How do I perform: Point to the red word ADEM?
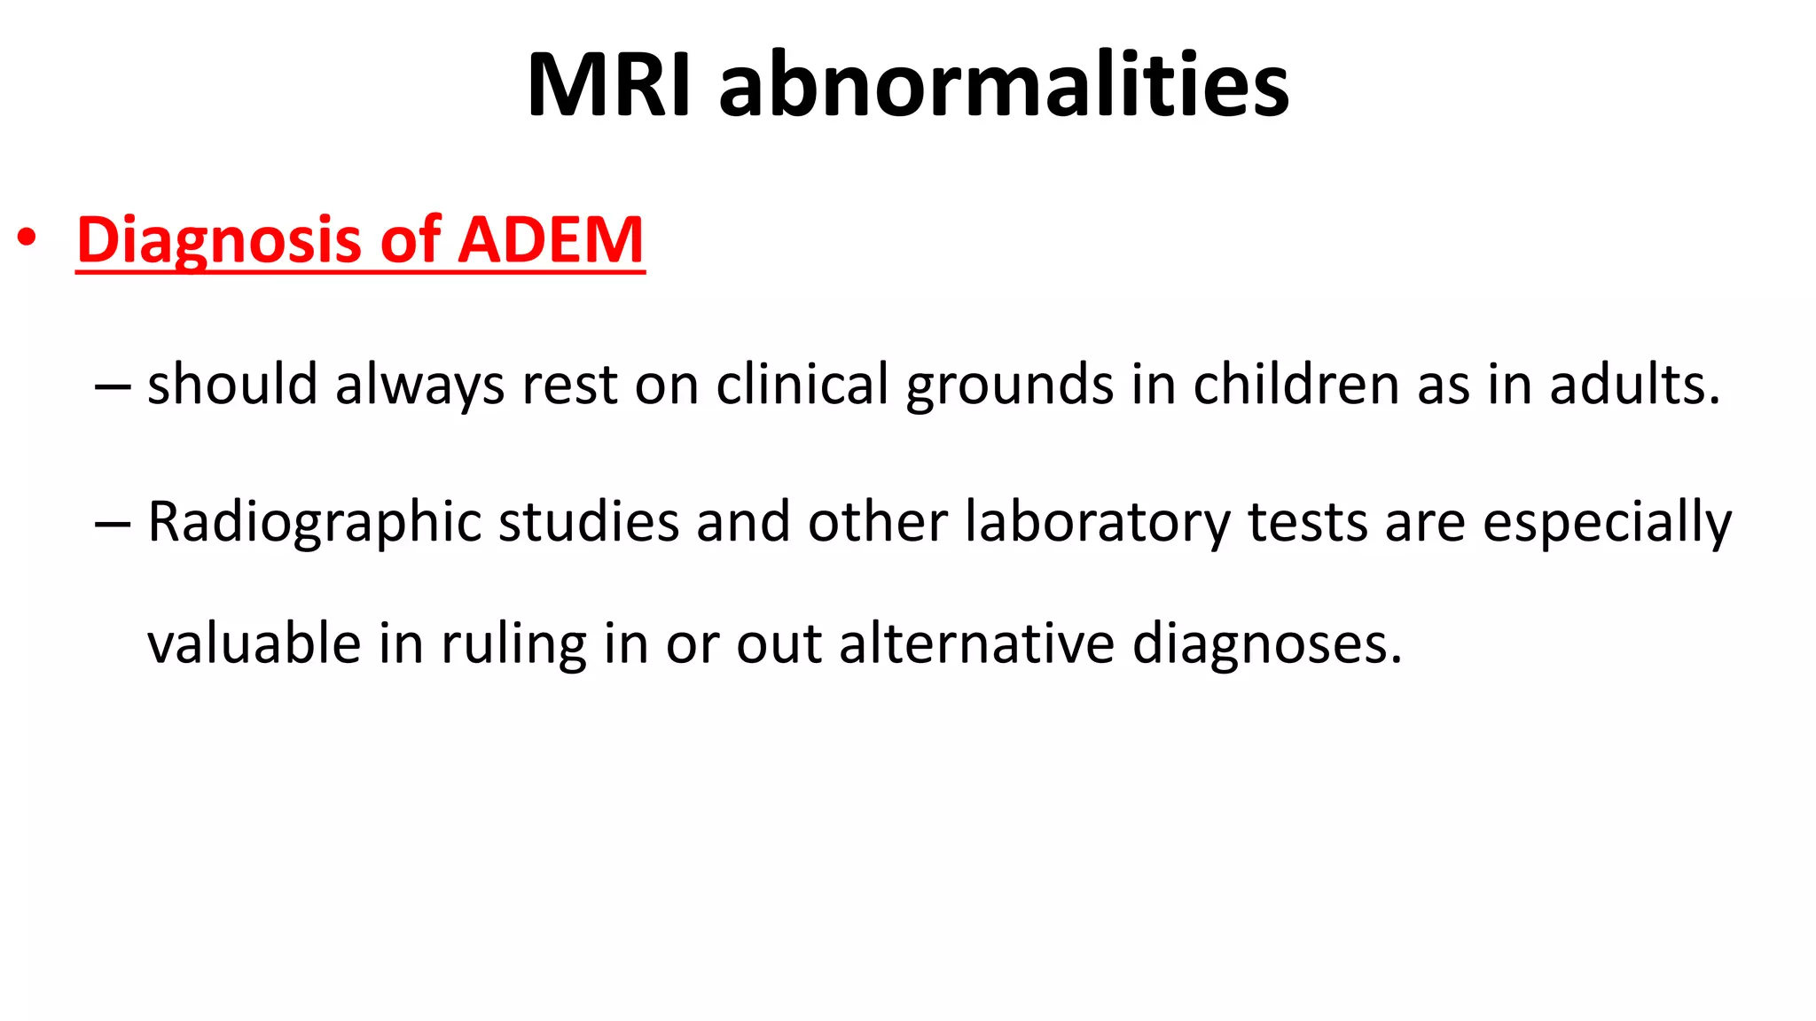click(551, 240)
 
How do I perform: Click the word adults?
click(1634, 385)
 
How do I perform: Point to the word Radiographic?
click(314, 522)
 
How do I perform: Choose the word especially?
click(1607, 522)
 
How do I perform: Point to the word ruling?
click(514, 644)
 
